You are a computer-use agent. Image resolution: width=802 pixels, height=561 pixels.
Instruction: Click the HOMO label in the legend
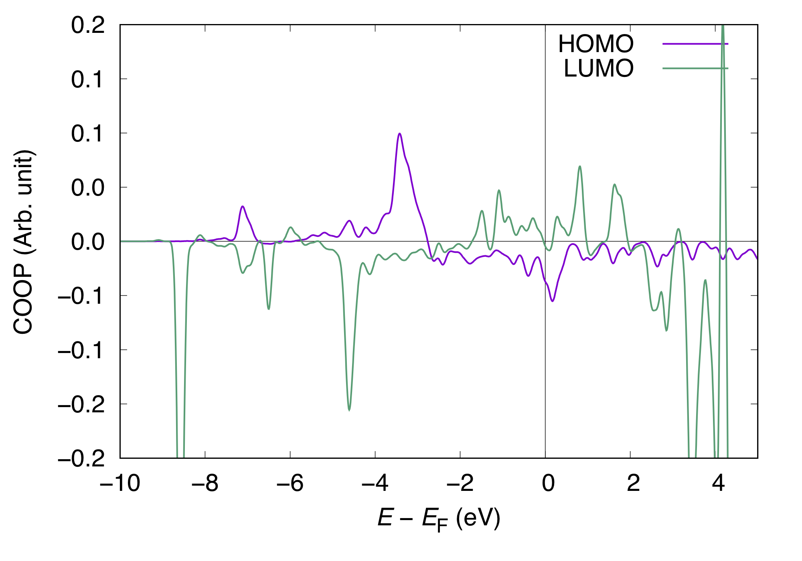596,44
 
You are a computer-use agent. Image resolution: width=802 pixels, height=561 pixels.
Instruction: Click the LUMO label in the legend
599,69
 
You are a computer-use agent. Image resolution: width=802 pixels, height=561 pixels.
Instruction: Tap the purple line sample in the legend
695,44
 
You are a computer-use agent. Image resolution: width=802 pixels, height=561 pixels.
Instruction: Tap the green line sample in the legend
695,69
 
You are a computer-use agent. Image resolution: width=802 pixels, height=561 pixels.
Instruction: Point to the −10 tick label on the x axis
120,483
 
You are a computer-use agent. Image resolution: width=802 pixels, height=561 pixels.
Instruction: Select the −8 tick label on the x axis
205,483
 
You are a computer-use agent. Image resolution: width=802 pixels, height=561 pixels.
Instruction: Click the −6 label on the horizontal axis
290,483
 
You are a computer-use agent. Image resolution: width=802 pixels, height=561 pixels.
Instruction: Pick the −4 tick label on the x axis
375,483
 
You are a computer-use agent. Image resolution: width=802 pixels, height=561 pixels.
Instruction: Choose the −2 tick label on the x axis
460,483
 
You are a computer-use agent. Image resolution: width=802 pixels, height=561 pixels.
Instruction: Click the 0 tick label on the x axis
548,483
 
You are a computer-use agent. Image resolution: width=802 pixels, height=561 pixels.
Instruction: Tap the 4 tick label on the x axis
718,483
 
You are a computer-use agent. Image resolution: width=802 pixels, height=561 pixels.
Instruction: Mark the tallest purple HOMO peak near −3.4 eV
399,133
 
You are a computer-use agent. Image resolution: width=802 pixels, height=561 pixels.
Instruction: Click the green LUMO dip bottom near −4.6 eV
349,410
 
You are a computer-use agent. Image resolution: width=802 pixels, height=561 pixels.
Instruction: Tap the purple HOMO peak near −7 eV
243,206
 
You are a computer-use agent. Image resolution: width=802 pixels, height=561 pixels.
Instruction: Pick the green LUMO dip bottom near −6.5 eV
269,309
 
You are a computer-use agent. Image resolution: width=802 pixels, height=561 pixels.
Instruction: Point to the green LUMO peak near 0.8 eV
580,166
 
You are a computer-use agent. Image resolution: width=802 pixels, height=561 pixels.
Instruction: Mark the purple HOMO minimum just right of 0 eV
553,301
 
